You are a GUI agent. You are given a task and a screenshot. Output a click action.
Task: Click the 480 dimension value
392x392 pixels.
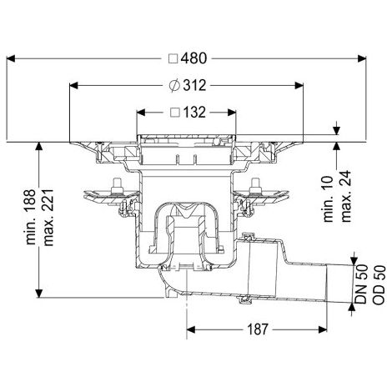194,58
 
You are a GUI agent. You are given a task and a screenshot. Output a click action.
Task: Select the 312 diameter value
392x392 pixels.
194,85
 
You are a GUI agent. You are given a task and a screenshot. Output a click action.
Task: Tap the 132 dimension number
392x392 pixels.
194,113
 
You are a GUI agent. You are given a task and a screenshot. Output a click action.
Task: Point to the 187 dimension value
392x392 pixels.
258,329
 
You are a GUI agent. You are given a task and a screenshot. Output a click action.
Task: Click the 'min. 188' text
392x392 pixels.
31,217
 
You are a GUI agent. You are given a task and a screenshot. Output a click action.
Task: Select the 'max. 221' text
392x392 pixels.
48,218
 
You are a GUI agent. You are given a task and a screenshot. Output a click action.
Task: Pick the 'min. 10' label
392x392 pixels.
328,199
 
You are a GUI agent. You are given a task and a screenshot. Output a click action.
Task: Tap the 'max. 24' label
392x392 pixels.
346,197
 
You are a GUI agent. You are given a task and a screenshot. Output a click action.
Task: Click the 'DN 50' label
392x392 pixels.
362,284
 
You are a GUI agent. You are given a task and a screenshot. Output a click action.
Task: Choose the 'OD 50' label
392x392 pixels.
379,285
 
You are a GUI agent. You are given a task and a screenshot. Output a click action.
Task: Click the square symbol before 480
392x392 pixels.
173,59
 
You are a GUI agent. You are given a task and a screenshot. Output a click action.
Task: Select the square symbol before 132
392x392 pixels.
175,113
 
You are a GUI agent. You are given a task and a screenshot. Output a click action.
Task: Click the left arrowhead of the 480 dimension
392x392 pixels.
11,58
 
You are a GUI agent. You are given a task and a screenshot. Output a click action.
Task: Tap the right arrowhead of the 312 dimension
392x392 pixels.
299,85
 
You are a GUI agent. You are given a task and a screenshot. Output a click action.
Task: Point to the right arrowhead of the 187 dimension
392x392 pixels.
323,329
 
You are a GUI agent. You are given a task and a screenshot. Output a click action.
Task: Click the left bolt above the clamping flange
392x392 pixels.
117,186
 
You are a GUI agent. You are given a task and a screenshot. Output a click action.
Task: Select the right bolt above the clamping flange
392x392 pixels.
255,186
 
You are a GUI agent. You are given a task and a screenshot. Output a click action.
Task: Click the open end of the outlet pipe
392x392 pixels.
327,283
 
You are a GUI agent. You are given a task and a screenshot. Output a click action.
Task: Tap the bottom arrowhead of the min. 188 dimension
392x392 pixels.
38,293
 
